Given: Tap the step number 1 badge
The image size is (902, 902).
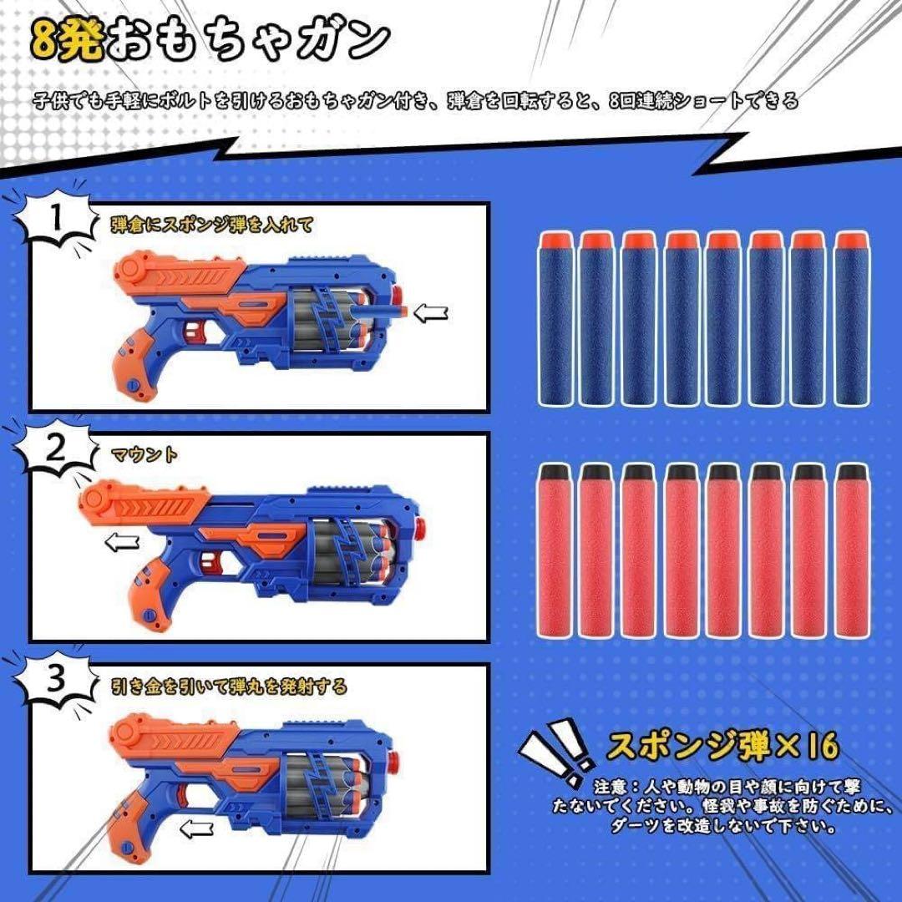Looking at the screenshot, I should click(x=56, y=220).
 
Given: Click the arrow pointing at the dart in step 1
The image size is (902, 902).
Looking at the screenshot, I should click(x=431, y=313).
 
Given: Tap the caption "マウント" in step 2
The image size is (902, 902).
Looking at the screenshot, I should click(x=144, y=455).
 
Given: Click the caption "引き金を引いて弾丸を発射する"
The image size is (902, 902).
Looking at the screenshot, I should click(x=229, y=687).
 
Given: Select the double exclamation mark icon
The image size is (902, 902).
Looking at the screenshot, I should click(x=555, y=751).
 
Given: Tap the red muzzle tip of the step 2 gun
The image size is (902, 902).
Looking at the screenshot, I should click(x=419, y=528).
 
